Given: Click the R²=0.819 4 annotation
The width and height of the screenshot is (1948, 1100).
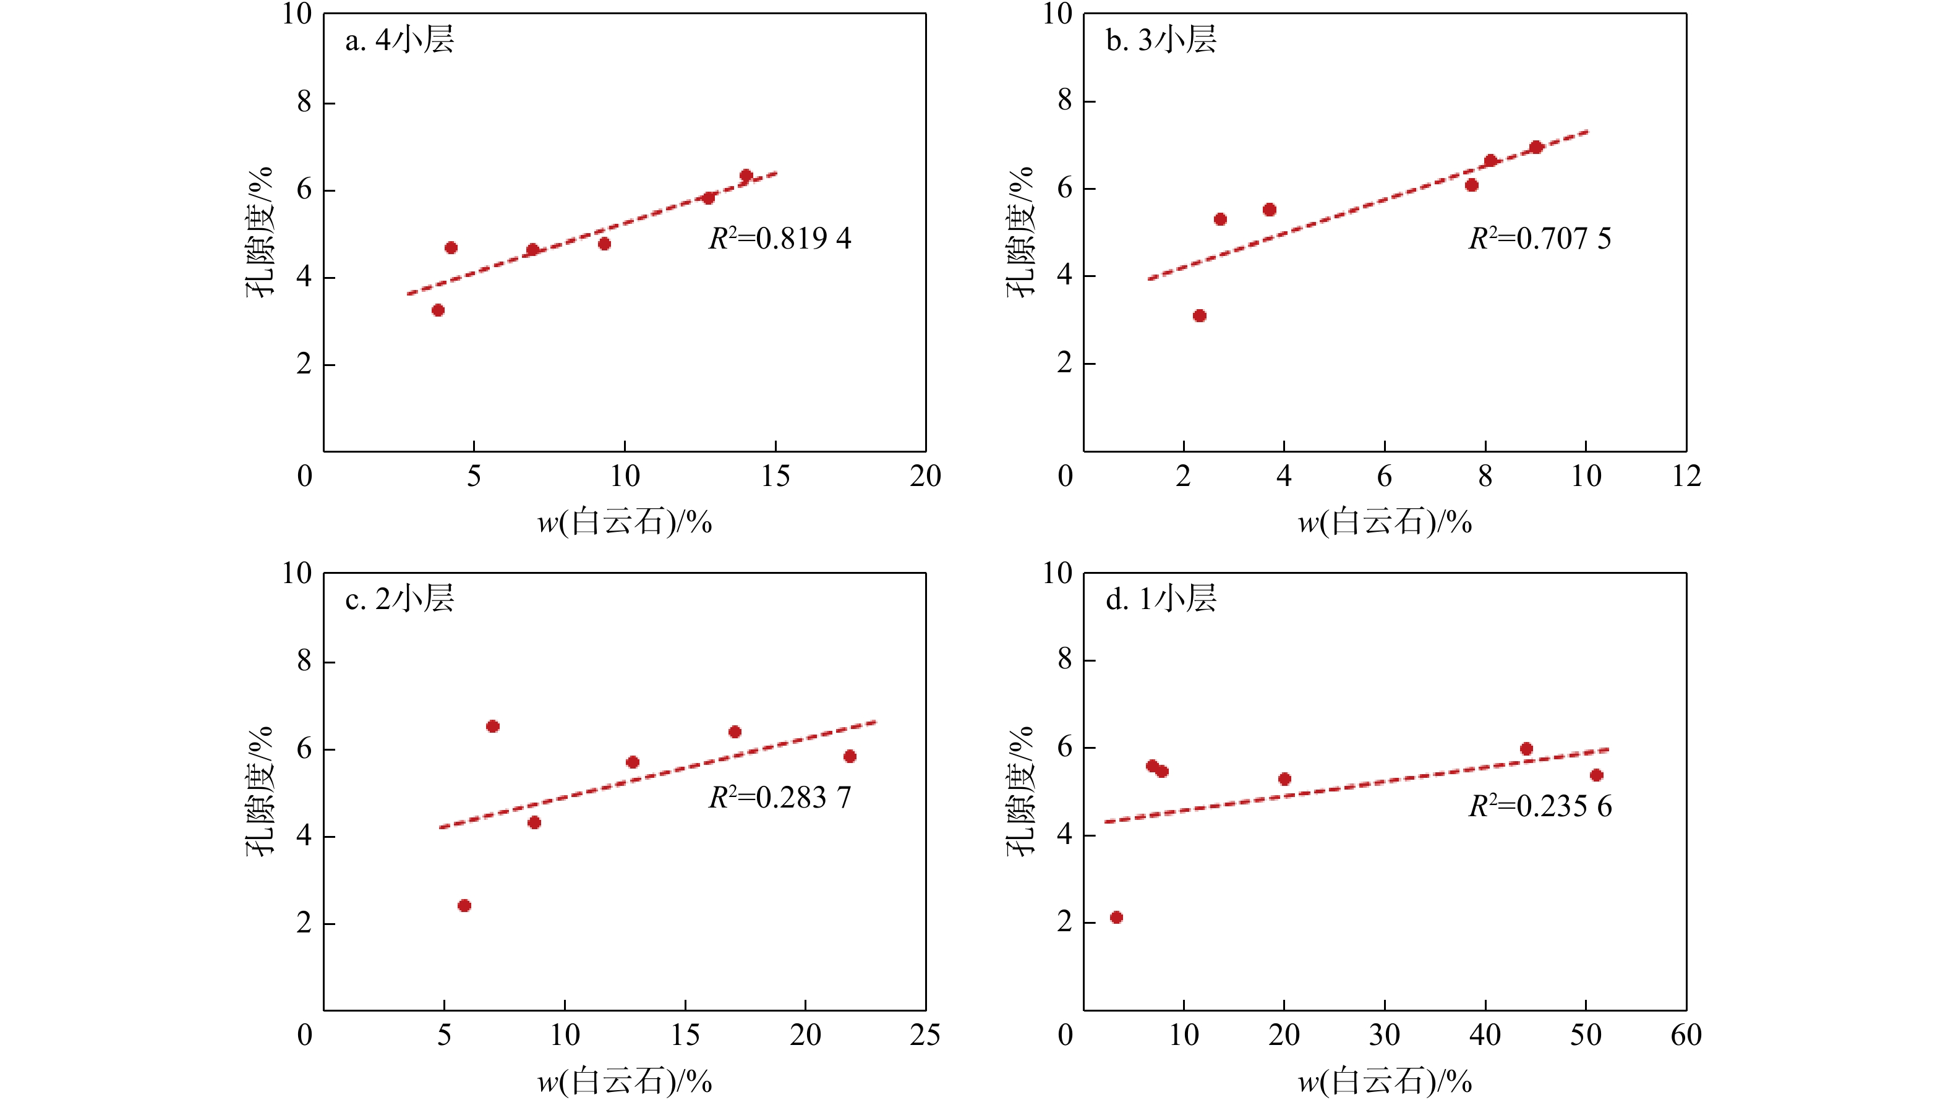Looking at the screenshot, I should point(780,239).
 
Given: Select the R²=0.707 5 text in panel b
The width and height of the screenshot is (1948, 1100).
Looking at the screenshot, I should point(1540,239).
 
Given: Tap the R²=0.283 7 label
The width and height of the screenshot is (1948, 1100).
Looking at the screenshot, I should point(780,798).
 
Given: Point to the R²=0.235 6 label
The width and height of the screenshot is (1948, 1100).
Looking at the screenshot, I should point(1540,807).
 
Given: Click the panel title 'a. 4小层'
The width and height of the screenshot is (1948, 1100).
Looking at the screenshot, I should point(399,40).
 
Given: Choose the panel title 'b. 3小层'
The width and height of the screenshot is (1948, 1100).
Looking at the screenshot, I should point(1161,40).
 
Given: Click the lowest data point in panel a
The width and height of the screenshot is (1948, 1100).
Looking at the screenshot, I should point(438,310).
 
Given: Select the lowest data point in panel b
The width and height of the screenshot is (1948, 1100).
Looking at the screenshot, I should point(1199,316).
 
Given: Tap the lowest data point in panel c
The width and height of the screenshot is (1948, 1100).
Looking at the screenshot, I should point(464,906).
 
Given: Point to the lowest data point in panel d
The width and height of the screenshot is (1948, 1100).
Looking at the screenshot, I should point(1116,918).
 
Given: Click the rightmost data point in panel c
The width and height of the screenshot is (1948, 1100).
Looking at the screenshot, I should point(850,757).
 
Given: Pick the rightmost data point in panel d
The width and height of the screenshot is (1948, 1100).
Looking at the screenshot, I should point(1596,775).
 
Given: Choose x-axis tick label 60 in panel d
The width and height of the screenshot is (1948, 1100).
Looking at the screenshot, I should point(1686,1035).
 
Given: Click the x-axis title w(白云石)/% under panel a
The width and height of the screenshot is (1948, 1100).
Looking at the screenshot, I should point(625,522).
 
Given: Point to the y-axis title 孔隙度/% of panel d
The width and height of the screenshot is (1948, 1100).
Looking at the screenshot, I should point(1020,791).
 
